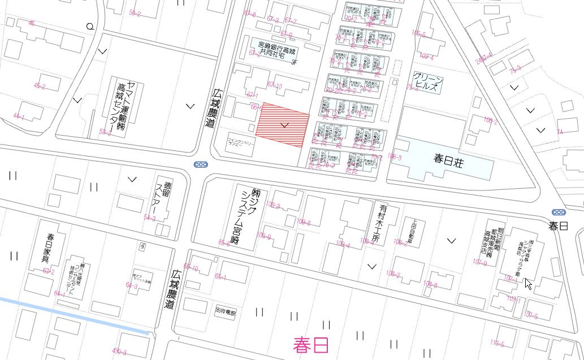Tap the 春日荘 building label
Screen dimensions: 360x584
[448, 159]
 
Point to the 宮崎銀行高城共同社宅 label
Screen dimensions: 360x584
[278, 49]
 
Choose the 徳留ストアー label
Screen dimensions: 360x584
[162, 197]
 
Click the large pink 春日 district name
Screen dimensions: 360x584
[311, 344]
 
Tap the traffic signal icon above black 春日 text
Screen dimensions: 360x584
[559, 212]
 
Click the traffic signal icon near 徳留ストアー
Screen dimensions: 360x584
[200, 164]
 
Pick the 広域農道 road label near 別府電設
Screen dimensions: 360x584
[170, 288]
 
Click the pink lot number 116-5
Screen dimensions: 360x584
[497, 343]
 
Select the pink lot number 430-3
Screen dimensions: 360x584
[119, 351]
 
